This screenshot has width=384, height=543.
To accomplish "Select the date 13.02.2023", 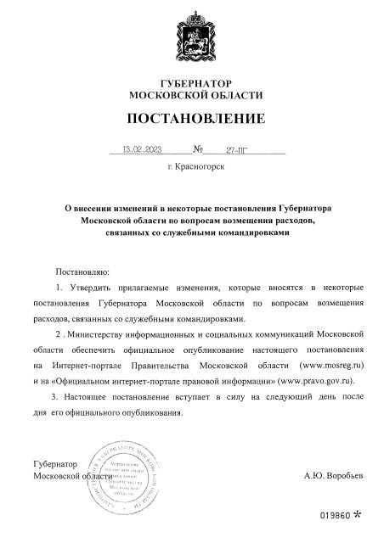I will click(142, 148).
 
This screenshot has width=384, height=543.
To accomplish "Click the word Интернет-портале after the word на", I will click(93, 365).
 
